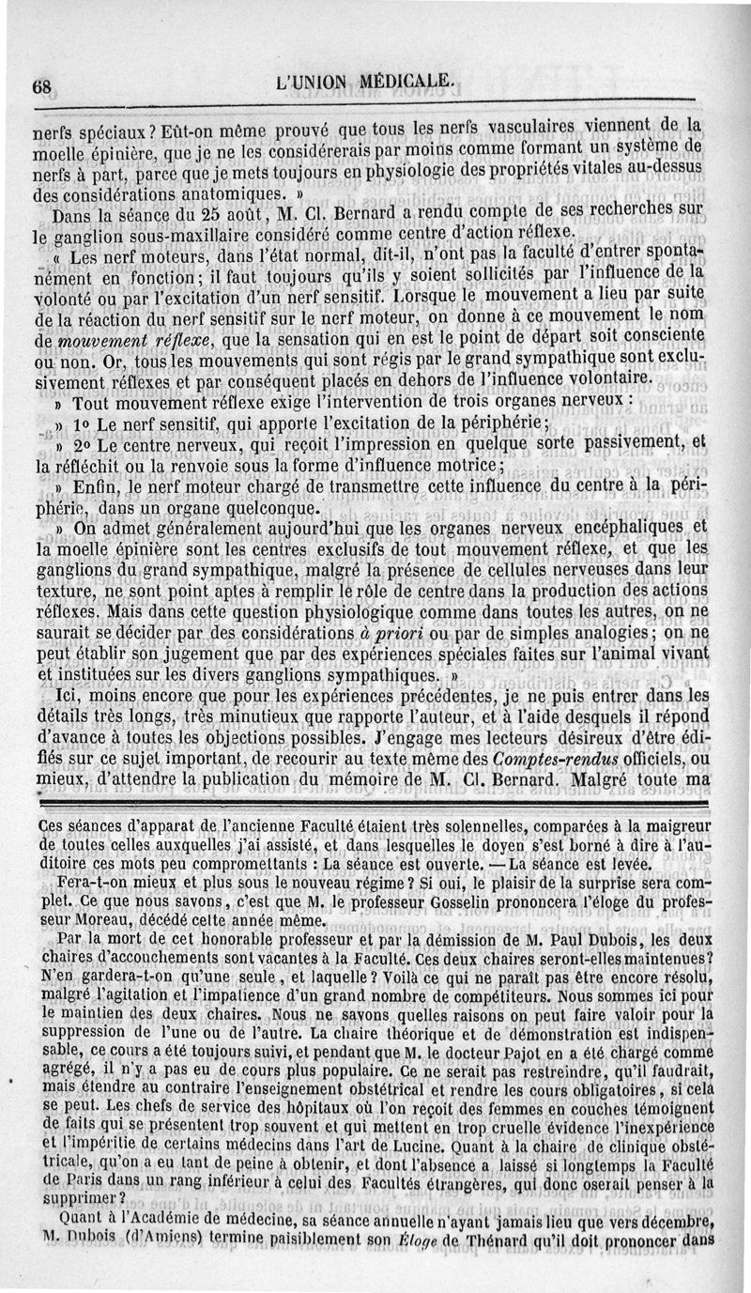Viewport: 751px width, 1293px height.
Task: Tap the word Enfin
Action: [92, 487]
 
